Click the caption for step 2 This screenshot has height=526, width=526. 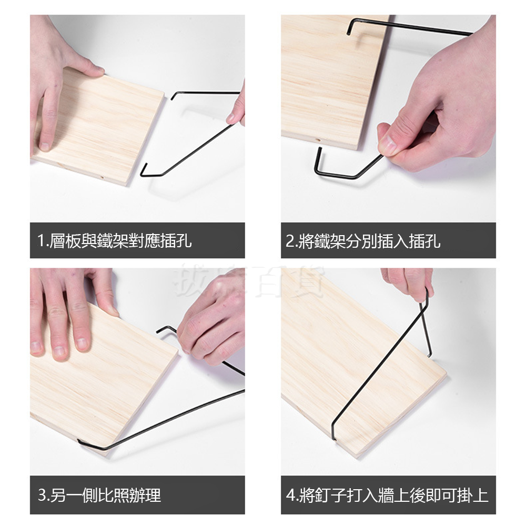(x=363, y=241)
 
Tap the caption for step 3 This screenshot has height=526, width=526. (x=99, y=495)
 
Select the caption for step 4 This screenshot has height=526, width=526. (x=387, y=495)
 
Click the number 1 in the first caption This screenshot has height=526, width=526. (x=41, y=241)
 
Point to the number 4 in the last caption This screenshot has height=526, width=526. (x=290, y=495)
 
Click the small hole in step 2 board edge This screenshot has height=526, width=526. (x=318, y=140)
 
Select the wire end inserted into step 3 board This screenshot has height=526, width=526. (x=80, y=442)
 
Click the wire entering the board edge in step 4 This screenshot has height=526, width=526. (x=335, y=434)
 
